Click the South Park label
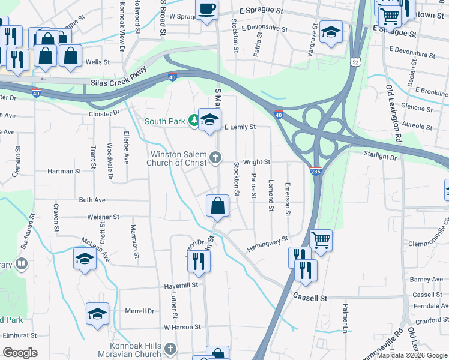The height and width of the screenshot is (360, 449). [x=164, y=121]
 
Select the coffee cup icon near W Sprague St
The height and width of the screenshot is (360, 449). [x=207, y=10]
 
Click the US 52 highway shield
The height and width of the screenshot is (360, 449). [x=356, y=62]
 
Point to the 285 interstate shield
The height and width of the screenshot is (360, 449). [x=316, y=171]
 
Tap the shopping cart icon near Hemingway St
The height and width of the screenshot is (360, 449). [x=321, y=240]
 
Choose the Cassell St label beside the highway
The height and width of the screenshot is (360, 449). [x=310, y=297]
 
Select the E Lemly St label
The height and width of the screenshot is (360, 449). [x=240, y=127]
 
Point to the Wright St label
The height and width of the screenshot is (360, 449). [x=256, y=162]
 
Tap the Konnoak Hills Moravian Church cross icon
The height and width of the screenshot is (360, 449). [x=170, y=349]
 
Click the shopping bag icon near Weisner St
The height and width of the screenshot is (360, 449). [x=217, y=206]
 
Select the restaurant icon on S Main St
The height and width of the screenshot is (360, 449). [x=197, y=261]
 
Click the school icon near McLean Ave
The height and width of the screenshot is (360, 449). [x=85, y=259]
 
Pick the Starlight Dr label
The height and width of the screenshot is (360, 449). [x=397, y=157]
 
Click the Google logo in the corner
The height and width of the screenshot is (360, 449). [x=20, y=353]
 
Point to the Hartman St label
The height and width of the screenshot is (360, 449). [x=65, y=171]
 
